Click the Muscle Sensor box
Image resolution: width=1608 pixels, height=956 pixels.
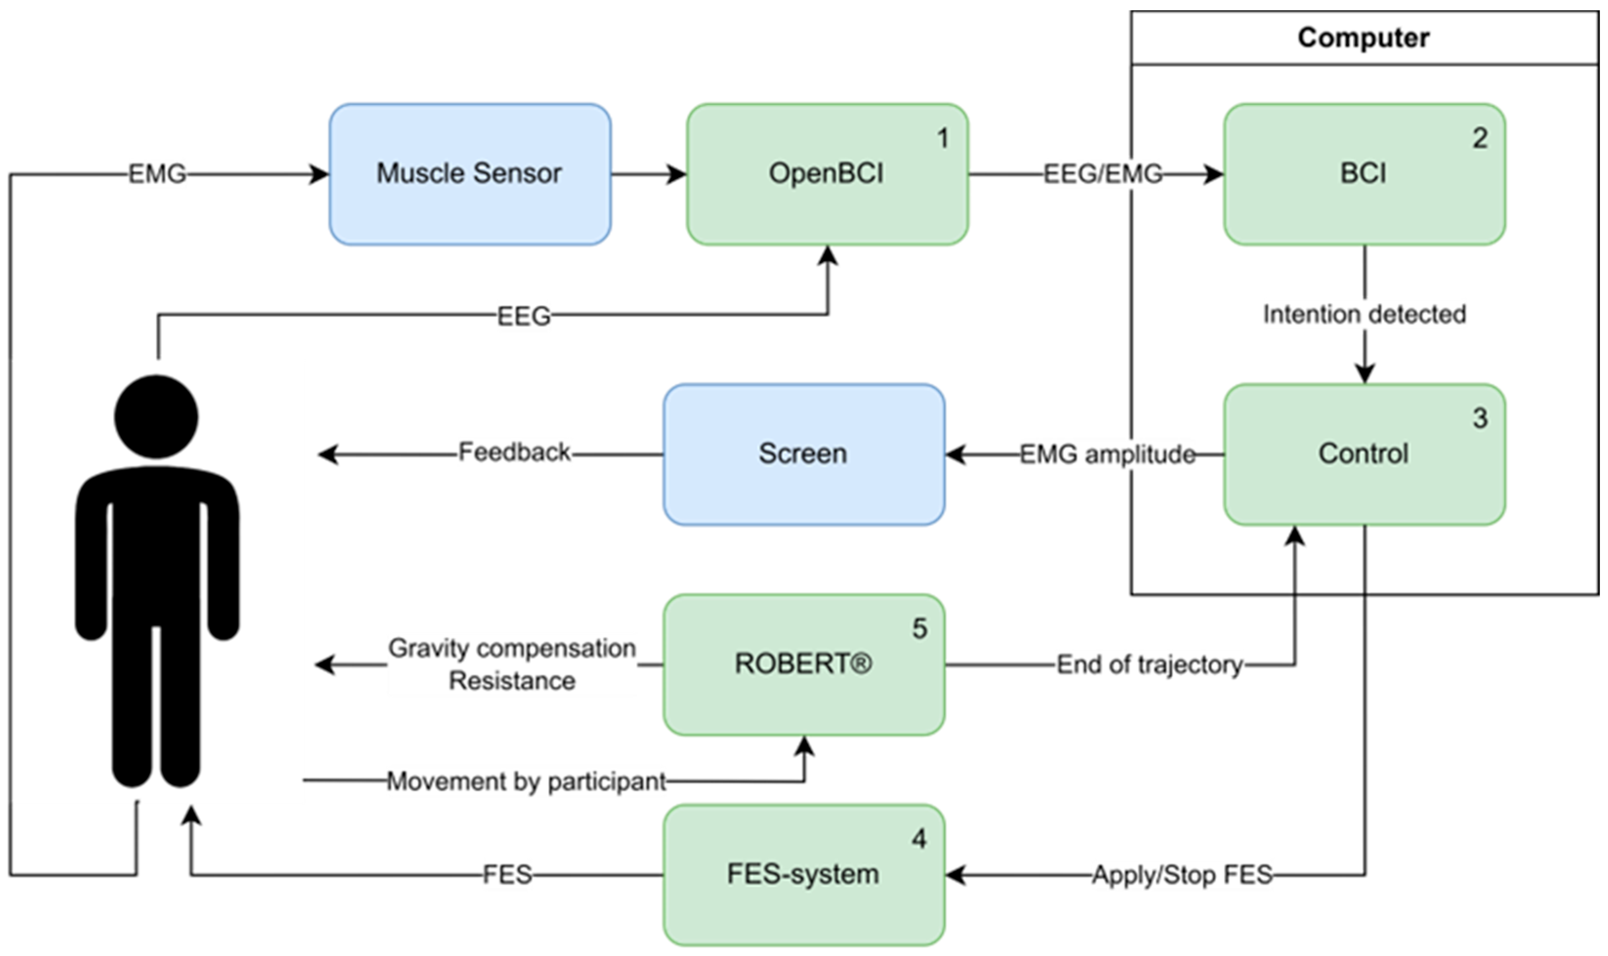pyautogui.click(x=469, y=174)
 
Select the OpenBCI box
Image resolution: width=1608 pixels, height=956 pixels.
pyautogui.click(x=827, y=174)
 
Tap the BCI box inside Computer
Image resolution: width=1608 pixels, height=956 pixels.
pyautogui.click(x=1364, y=174)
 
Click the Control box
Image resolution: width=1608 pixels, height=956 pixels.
pyautogui.click(x=1364, y=454)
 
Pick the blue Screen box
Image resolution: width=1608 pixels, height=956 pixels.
pyautogui.click(x=803, y=454)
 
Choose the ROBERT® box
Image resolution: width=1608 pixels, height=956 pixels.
pyautogui.click(x=803, y=664)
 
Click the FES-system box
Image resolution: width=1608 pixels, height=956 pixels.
pyautogui.click(x=803, y=874)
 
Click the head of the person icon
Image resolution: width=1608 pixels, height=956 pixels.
pyautogui.click(x=157, y=417)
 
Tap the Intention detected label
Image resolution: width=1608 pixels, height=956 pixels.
pyautogui.click(x=1364, y=314)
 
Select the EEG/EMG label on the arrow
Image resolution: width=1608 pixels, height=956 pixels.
pyautogui.click(x=1102, y=174)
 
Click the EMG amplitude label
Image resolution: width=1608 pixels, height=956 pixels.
pyautogui.click(x=1107, y=455)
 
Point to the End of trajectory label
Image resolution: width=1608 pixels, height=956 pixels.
pyautogui.click(x=1149, y=665)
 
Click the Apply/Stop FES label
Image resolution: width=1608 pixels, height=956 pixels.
pyautogui.click(x=1182, y=875)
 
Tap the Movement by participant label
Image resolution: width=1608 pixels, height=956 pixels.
pyautogui.click(x=526, y=781)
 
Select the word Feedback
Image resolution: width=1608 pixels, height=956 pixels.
pyautogui.click(x=514, y=452)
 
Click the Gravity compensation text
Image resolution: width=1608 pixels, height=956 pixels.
pyautogui.click(x=511, y=649)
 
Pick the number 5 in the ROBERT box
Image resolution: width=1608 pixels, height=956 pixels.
pyautogui.click(x=919, y=629)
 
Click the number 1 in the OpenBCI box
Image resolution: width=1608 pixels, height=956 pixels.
pyautogui.click(x=942, y=138)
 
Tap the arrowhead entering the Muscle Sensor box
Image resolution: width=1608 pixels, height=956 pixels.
pyautogui.click(x=319, y=174)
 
